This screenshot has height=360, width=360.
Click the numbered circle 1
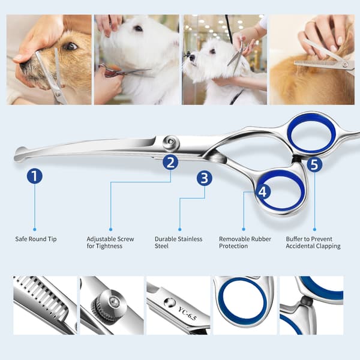point(35,176)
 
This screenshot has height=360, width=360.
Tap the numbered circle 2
point(170,163)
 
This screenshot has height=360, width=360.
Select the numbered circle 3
point(205,178)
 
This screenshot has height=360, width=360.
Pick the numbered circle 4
point(263,192)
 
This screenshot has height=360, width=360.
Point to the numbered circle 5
point(314,164)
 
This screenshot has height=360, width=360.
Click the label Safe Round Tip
point(36,239)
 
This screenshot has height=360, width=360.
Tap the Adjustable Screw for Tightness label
point(110,242)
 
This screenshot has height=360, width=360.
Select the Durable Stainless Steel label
point(178,242)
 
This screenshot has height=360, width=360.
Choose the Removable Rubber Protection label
point(245,242)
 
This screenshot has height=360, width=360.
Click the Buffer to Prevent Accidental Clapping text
point(313,242)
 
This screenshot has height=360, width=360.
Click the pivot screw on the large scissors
point(171,143)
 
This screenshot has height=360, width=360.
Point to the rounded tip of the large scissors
point(20,154)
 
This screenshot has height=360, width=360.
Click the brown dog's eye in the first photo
point(70,46)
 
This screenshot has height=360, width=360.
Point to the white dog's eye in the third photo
point(212,51)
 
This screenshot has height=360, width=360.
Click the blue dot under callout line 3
point(180,229)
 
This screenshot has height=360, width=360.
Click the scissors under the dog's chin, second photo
point(125,71)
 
